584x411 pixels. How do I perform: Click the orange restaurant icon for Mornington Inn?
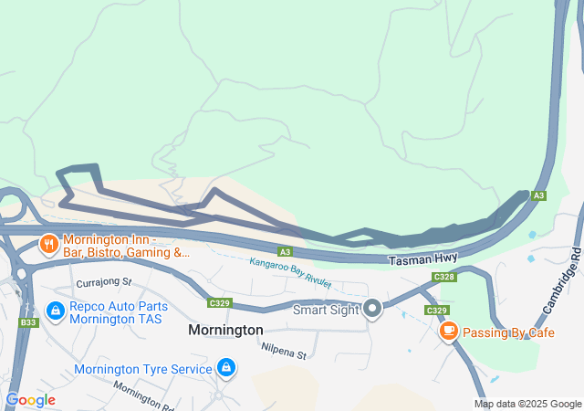(x=47, y=244)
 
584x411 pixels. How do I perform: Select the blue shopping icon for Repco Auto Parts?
(x=57, y=311)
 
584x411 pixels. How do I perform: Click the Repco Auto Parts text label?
(x=118, y=311)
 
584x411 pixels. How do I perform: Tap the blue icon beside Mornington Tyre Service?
(x=226, y=368)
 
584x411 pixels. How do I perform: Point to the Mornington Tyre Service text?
(x=143, y=369)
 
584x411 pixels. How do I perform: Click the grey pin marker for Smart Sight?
(x=372, y=309)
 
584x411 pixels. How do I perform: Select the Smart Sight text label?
(x=326, y=310)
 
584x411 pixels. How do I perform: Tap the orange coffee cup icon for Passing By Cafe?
(x=448, y=332)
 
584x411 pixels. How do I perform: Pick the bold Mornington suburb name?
(x=225, y=330)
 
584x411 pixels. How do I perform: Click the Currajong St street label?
(x=104, y=283)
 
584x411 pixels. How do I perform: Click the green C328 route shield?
(x=444, y=277)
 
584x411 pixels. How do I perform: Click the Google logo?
(x=31, y=399)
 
